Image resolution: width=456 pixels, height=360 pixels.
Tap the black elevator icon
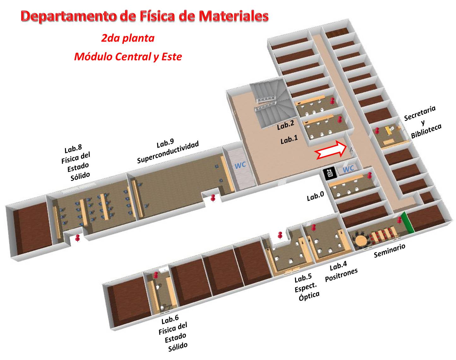pos(329,173)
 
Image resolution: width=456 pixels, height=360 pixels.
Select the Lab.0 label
pos(315,196)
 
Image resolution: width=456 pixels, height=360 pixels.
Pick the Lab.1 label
pos(289,140)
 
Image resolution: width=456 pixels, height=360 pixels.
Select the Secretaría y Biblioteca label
pos(422,122)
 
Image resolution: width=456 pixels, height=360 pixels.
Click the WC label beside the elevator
pos(348,169)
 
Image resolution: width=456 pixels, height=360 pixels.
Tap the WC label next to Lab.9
pos(240,165)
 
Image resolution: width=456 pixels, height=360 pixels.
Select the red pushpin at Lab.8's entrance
pos(78,238)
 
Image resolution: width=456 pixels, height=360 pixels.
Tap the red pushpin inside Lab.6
pos(156,275)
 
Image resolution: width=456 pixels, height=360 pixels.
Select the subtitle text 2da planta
pos(128,38)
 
